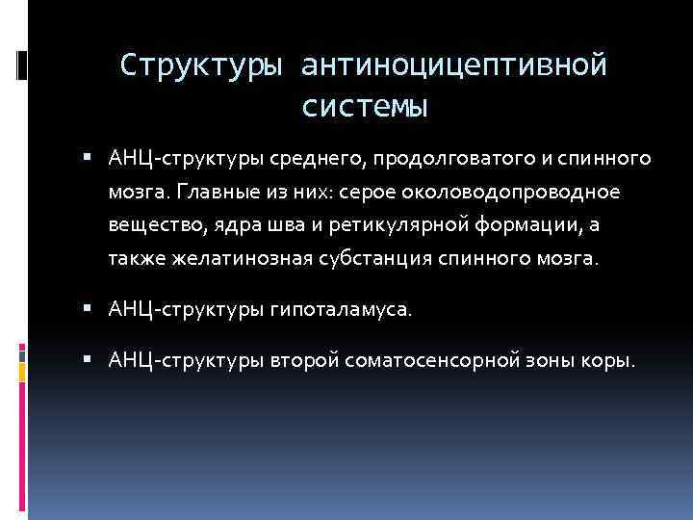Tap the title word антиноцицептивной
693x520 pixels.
point(454,65)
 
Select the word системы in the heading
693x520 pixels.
point(364,106)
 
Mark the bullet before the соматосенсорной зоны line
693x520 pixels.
point(89,361)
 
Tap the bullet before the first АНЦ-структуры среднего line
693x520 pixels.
point(89,156)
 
